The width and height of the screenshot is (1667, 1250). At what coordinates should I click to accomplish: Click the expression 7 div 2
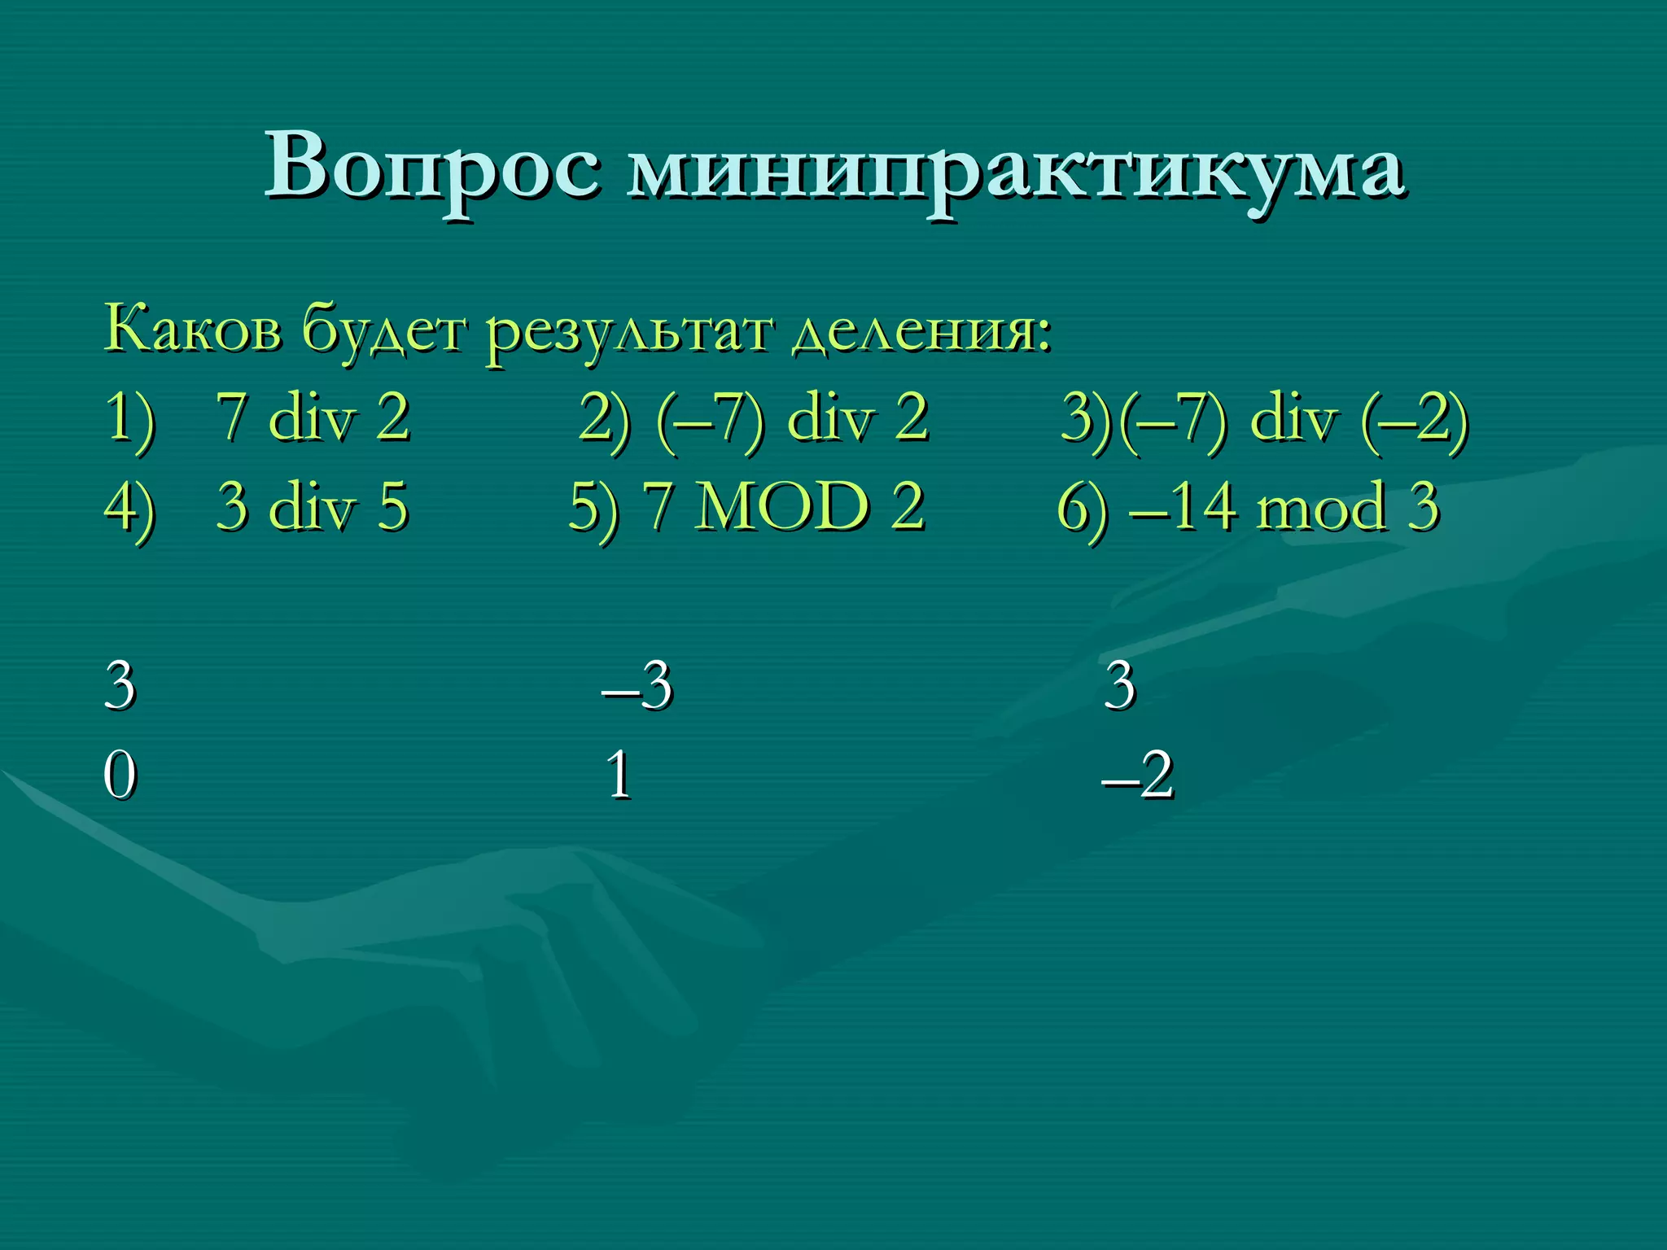pyautogui.click(x=313, y=418)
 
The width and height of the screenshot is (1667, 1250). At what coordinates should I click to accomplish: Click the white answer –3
pyautogui.click(x=637, y=685)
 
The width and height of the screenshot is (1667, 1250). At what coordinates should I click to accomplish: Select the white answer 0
pyautogui.click(x=120, y=775)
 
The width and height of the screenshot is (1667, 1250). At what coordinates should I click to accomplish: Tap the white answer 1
pyautogui.click(x=619, y=775)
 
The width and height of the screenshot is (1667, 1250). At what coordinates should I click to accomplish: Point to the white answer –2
pyautogui.click(x=1137, y=775)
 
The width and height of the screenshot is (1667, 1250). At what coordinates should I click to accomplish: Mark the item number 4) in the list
pyautogui.click(x=130, y=508)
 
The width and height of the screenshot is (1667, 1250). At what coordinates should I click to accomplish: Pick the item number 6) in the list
pyautogui.click(x=1082, y=508)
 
